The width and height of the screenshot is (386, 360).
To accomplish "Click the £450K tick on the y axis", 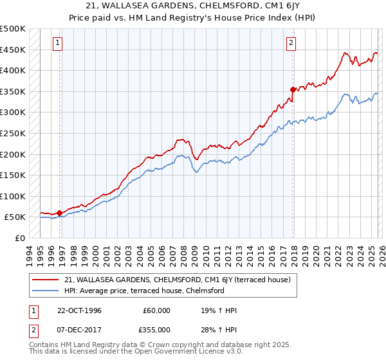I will point(13,50).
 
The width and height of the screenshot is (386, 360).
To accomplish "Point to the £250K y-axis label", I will point(13,133).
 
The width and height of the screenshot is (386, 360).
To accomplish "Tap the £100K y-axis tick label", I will point(13,196).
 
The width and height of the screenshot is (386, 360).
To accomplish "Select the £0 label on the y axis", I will point(20,238).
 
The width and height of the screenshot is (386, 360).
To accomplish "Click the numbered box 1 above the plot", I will point(58,43).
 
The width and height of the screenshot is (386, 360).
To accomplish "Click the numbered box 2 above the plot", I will point(291,43).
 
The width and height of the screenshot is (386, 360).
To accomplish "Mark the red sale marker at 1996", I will point(59,213).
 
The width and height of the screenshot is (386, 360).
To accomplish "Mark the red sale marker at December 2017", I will point(293,89).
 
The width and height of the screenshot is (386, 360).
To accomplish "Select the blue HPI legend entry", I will point(144,291).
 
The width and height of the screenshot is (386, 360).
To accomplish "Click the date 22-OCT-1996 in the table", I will point(79,310).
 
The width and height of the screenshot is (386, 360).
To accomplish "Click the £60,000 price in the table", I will point(156,310).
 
